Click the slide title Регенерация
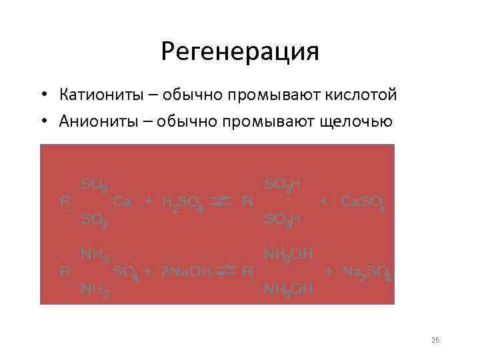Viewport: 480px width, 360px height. tap(240, 51)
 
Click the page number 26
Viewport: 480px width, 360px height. tap(435, 340)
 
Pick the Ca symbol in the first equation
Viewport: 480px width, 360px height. tap(122, 201)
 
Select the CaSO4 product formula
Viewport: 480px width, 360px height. tap(362, 203)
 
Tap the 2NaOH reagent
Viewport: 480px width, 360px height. tap(187, 271)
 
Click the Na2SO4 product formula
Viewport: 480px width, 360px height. tap(366, 272)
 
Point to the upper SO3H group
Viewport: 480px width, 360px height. tap(283, 183)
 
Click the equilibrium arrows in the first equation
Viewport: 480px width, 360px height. tap(225, 201)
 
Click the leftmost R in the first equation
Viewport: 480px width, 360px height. tap(65, 201)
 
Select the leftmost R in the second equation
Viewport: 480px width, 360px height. tap(65, 271)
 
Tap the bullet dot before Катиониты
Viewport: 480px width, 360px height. tap(42, 96)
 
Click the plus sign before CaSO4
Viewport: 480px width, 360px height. tap(323, 201)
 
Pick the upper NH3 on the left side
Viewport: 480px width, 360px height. tap(95, 254)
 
